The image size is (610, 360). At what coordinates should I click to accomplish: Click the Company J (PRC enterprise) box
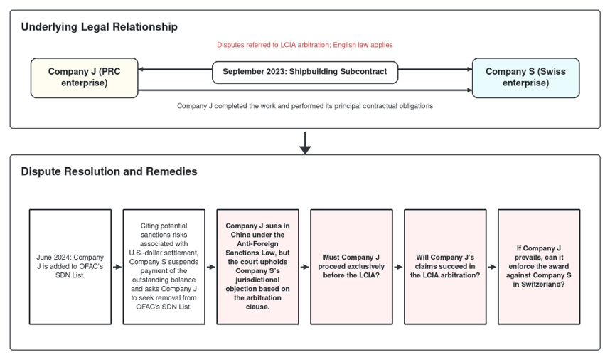(85, 78)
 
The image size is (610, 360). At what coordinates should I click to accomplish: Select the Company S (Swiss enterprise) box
(525, 78)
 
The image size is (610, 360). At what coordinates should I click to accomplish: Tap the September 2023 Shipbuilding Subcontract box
(305, 72)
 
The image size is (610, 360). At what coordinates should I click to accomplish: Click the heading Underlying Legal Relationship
(100, 27)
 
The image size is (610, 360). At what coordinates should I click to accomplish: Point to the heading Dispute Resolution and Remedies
(109, 171)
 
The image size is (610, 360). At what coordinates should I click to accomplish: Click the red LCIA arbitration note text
(305, 45)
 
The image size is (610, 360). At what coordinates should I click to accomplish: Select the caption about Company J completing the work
(305, 106)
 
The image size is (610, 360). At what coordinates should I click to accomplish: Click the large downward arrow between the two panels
(305, 143)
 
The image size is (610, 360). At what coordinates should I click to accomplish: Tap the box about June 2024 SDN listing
(70, 267)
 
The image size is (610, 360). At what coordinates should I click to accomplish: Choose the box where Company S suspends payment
(164, 267)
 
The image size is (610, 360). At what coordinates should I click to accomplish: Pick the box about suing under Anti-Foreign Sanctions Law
(257, 267)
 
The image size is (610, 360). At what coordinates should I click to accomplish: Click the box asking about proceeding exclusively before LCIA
(351, 267)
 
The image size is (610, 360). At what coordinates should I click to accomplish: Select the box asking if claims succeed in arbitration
(445, 267)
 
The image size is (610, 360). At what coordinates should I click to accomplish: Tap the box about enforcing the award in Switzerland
(539, 267)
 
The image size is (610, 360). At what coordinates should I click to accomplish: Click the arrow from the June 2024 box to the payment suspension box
(117, 267)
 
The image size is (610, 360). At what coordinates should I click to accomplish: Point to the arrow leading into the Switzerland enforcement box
(492, 267)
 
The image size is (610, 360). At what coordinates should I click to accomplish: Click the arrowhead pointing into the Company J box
(141, 69)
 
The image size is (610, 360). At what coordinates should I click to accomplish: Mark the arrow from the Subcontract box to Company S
(435, 69)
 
